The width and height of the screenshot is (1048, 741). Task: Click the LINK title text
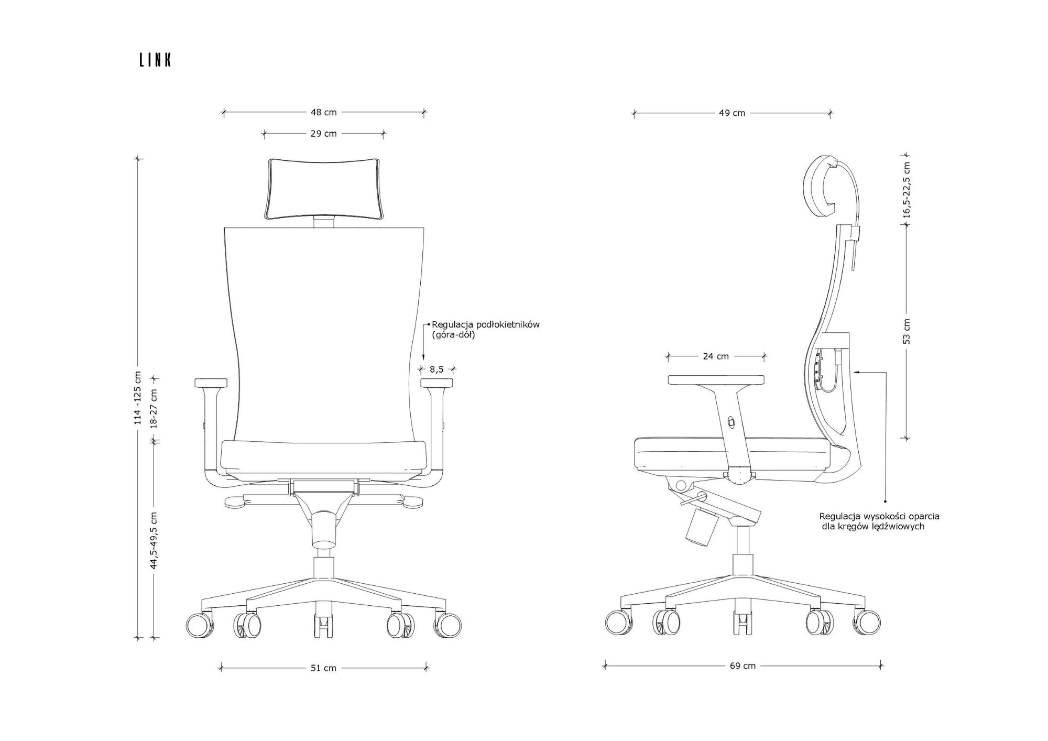pyautogui.click(x=156, y=60)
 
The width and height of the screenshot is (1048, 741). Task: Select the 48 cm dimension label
pyautogui.click(x=324, y=112)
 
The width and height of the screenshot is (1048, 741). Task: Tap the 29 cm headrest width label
pyautogui.click(x=324, y=134)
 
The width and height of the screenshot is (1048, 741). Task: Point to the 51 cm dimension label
pyautogui.click(x=324, y=668)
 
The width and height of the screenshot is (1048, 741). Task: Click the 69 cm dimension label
pyautogui.click(x=743, y=666)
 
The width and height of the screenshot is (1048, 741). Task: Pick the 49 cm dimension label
pyautogui.click(x=732, y=113)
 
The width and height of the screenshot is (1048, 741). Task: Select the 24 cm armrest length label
pyautogui.click(x=716, y=356)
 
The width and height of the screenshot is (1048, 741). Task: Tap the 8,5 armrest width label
pyautogui.click(x=436, y=369)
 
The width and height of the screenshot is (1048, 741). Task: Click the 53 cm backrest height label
pyautogui.click(x=907, y=331)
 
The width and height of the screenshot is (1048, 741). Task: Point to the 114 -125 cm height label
pyautogui.click(x=138, y=398)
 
